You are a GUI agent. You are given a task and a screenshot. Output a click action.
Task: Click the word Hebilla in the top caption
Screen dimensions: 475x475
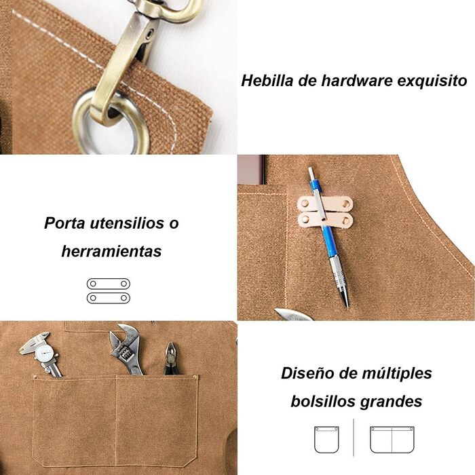[x=267, y=81]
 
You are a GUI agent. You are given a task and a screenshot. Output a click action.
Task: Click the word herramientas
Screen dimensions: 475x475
[x=111, y=251]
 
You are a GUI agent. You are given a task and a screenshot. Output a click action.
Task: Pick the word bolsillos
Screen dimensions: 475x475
[x=323, y=402]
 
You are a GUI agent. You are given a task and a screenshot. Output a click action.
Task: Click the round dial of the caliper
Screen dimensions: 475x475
[x=46, y=353]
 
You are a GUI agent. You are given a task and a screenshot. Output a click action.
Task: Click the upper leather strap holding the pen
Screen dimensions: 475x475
[x=325, y=204]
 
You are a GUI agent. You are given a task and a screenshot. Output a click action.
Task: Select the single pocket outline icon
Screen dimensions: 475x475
[x=326, y=440]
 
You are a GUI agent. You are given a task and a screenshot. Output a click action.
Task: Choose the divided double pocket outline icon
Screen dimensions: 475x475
[x=392, y=440]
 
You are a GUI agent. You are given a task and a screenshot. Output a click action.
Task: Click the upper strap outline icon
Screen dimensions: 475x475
[x=109, y=284]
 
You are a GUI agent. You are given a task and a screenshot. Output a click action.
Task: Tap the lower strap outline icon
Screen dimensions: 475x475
[x=109, y=298]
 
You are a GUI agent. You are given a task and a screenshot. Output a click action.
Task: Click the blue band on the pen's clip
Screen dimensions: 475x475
[x=316, y=184]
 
